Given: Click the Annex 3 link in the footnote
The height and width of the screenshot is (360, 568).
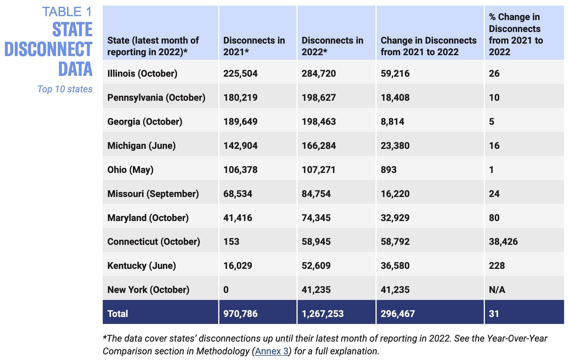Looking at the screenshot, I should click(x=272, y=351).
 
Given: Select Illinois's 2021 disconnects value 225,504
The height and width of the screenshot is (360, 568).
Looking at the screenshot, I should click(x=240, y=74).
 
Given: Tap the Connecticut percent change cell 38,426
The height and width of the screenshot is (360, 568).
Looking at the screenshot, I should click(x=503, y=242).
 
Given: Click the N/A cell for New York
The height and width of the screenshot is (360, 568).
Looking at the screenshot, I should click(x=497, y=290).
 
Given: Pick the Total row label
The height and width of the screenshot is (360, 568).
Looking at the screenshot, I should click(x=118, y=314).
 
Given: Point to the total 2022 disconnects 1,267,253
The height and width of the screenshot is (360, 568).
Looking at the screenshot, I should click(x=322, y=314).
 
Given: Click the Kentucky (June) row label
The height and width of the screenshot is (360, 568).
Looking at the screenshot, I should click(x=141, y=266).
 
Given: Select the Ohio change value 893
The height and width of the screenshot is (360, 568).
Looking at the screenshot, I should click(x=388, y=170).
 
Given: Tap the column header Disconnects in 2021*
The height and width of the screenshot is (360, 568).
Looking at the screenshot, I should click(x=254, y=46).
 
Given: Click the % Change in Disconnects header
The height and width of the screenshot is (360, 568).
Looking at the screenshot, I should click(x=516, y=35).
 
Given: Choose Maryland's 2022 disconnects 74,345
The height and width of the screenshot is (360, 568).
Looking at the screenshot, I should click(x=316, y=218).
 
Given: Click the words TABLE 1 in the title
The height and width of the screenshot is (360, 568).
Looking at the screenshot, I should click(x=67, y=12).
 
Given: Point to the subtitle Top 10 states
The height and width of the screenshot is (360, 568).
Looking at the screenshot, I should click(x=65, y=89).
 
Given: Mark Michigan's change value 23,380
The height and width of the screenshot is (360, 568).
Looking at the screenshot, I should click(x=395, y=146).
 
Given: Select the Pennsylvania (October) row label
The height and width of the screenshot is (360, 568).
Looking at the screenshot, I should click(x=156, y=98).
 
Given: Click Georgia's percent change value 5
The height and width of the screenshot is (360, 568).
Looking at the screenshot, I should click(x=491, y=122).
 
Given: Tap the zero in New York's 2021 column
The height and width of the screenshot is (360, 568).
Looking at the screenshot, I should click(x=226, y=290).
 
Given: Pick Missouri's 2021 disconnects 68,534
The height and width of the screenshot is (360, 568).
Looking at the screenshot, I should click(x=238, y=194).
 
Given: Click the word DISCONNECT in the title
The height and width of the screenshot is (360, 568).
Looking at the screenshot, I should click(x=48, y=49).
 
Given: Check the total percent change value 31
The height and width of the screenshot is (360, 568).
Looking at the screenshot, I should click(x=494, y=314).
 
